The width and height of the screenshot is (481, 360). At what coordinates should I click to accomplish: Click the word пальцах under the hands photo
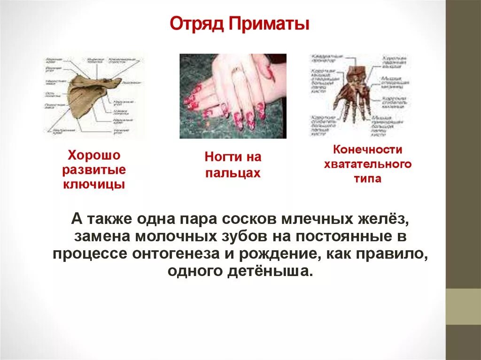[x=233, y=173]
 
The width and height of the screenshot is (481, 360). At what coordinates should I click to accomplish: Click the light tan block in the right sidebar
[x=463, y=306]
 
